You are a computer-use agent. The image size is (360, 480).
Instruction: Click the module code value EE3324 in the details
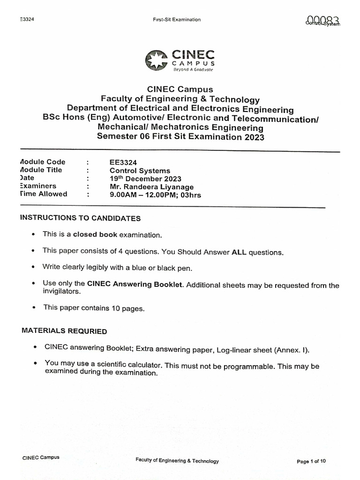tap(122, 162)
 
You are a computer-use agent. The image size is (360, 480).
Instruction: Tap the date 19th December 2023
tap(145, 179)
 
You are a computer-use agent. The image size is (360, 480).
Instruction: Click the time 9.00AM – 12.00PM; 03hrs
tap(155, 195)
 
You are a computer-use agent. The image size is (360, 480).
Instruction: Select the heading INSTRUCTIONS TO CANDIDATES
tap(80, 218)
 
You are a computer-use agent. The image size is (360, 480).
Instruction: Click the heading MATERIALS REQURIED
tap(64, 331)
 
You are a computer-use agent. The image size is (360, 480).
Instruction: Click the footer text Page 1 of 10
tap(311, 461)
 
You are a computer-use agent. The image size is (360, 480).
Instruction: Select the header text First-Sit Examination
tap(177, 20)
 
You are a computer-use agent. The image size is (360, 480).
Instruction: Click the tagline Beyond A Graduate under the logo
tap(193, 69)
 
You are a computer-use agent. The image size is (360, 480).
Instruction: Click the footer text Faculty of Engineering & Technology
tap(177, 461)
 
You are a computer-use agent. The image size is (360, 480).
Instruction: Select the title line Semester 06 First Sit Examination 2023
tap(180, 137)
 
